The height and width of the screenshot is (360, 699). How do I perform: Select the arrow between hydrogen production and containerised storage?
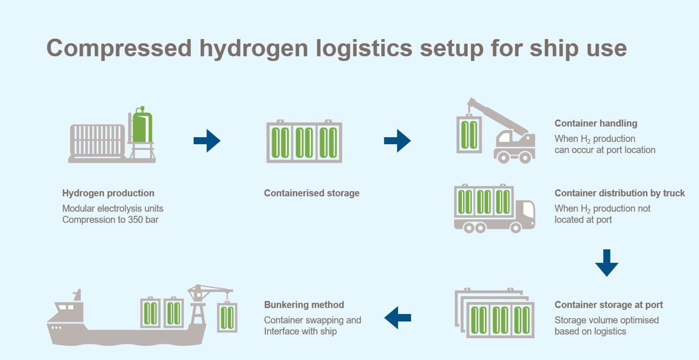click(x=207, y=141)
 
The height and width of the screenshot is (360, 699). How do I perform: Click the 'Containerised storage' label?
click(x=311, y=193)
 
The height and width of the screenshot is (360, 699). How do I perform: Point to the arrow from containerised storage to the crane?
click(x=397, y=141)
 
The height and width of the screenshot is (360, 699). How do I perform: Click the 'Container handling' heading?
click(x=596, y=123)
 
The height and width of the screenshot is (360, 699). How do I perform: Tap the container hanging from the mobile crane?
click(x=468, y=133)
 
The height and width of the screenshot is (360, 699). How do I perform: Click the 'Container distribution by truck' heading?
click(x=619, y=193)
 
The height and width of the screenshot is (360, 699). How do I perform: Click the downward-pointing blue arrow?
click(x=607, y=263)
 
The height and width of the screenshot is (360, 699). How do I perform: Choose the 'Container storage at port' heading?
click(x=608, y=305)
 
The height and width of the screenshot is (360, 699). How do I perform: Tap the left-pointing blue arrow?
click(x=398, y=317)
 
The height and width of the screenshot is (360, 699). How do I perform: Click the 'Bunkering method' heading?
click(x=304, y=305)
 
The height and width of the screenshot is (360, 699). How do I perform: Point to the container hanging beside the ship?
click(x=227, y=317)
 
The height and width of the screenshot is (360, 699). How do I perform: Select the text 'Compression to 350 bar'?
click(x=110, y=220)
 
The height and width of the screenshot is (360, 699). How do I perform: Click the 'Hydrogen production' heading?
click(x=108, y=193)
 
